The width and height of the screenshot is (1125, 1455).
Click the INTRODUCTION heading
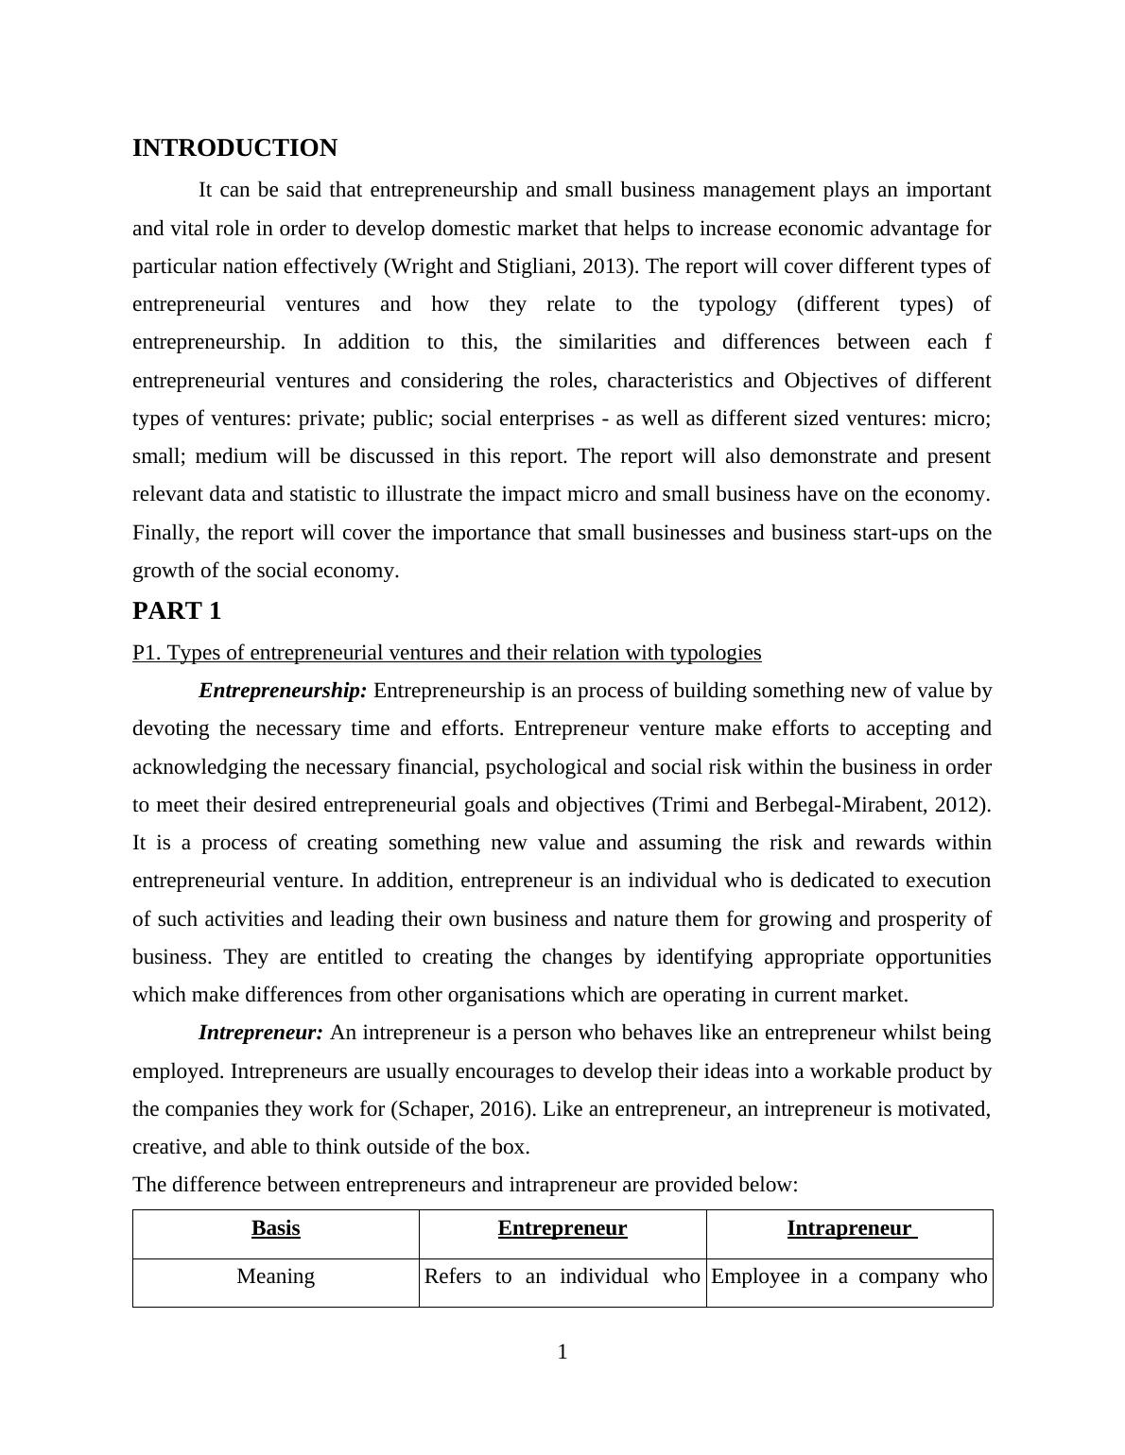pyautogui.click(x=234, y=148)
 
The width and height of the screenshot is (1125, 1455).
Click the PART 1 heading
pyautogui.click(x=177, y=611)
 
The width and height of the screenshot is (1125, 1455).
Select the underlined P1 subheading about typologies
pyautogui.click(x=446, y=653)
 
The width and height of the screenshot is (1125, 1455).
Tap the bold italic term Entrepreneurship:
pyautogui.click(x=283, y=691)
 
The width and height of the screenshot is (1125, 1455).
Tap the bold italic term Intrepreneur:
pyautogui.click(x=261, y=1033)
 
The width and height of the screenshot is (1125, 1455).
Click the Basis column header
pyautogui.click(x=275, y=1228)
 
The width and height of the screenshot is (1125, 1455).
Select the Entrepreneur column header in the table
pyautogui.click(x=562, y=1228)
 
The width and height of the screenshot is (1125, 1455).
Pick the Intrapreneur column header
pyautogui.click(x=849, y=1228)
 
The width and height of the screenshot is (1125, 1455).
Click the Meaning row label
pyautogui.click(x=275, y=1276)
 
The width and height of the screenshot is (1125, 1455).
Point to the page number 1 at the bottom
pyautogui.click(x=562, y=1352)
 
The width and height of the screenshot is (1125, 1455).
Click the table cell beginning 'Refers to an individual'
pyautogui.click(x=562, y=1276)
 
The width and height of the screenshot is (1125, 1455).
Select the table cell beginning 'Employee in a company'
pyautogui.click(x=849, y=1276)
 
